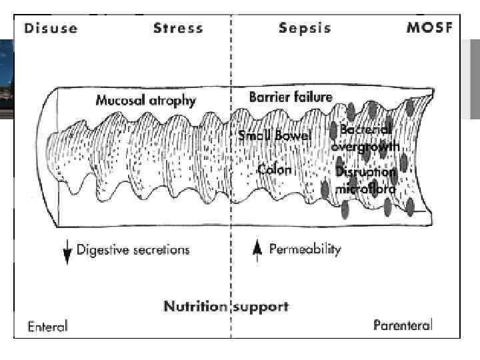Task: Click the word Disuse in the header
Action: point(51,28)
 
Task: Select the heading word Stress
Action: point(179,28)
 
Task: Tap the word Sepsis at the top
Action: point(303,28)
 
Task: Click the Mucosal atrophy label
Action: point(146,101)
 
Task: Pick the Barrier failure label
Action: point(290,97)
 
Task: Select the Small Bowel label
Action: point(275,136)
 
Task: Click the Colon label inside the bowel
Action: point(274,169)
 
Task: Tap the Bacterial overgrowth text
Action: point(365,137)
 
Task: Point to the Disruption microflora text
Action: point(366,180)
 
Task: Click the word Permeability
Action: point(305,250)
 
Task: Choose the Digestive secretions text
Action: point(133,251)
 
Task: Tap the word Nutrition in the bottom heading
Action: point(195,307)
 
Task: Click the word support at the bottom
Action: point(261,307)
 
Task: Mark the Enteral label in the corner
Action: point(47,327)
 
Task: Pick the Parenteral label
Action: point(403,326)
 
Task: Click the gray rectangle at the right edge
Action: point(475,79)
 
